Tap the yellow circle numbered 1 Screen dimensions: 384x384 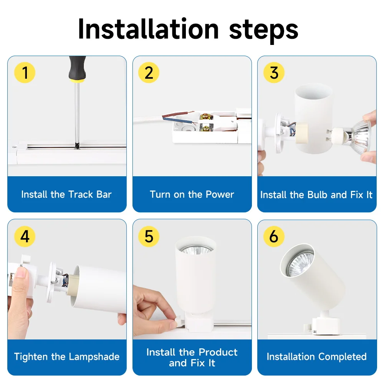tap(25, 73)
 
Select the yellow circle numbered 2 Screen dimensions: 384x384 tap(149, 73)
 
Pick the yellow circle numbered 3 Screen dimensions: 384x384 tap(274, 73)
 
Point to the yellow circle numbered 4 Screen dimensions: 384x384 tap(25, 237)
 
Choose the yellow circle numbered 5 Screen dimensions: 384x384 tap(149, 237)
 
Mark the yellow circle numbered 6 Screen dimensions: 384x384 tap(274, 237)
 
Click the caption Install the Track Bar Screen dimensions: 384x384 tap(66, 194)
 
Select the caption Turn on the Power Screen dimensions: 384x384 tap(192, 194)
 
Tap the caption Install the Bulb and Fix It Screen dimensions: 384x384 tap(316, 195)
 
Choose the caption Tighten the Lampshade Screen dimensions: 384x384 tap(67, 357)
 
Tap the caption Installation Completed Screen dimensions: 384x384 tap(316, 357)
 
